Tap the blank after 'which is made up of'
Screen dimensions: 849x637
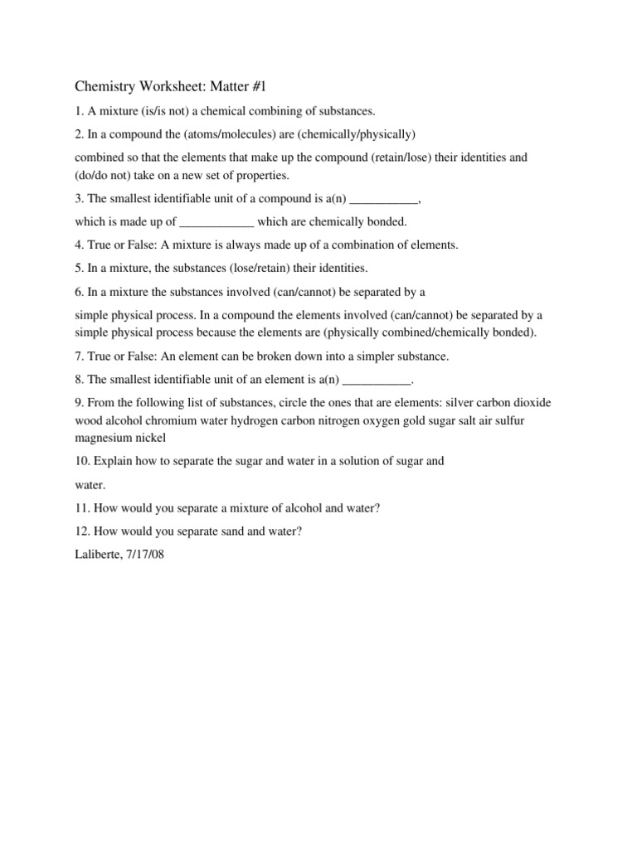(x=216, y=221)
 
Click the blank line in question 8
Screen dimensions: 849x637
(x=377, y=379)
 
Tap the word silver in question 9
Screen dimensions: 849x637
(x=462, y=402)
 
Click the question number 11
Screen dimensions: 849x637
(x=82, y=508)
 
